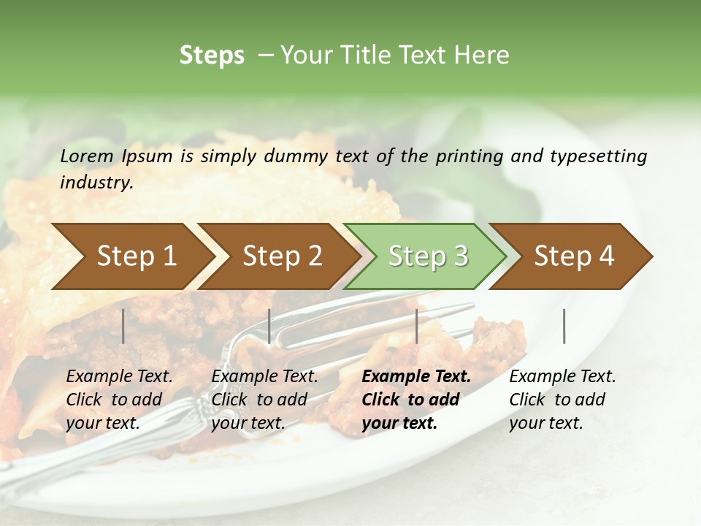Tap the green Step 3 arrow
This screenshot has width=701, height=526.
pyautogui.click(x=428, y=256)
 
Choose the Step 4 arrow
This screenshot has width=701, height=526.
pyautogui.click(x=574, y=256)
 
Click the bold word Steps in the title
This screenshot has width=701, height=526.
pyautogui.click(x=212, y=56)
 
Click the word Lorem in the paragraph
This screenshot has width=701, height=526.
pyautogui.click(x=86, y=156)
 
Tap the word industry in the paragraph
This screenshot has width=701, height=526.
pyautogui.click(x=96, y=182)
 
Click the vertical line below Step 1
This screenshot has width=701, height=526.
pyautogui.click(x=123, y=326)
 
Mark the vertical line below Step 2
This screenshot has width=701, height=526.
pyautogui.click(x=269, y=326)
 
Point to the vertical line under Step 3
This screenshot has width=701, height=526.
pyautogui.click(x=417, y=326)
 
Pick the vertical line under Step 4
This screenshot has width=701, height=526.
pyautogui.click(x=564, y=326)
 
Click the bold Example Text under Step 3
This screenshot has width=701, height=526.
pyautogui.click(x=416, y=376)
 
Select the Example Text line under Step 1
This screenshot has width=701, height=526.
pyautogui.click(x=119, y=376)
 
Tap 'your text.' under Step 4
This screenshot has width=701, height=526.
pyautogui.click(x=546, y=423)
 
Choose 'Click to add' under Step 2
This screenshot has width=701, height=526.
pyautogui.click(x=259, y=400)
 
